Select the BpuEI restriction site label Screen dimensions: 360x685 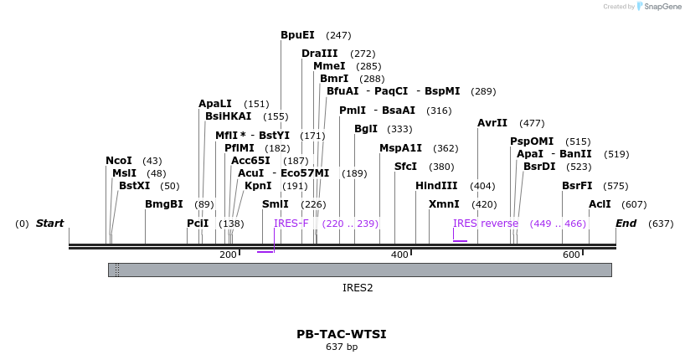point(297,35)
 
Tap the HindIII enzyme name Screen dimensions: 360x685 point(436,186)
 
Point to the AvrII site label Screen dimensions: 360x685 point(492,123)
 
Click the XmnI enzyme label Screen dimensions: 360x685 point(444,204)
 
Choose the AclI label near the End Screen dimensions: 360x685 point(600,204)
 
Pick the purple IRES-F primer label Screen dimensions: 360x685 point(291,224)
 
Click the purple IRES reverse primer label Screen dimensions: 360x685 point(486,224)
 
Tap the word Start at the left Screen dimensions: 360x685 point(50,224)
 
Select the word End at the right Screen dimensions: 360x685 point(626,224)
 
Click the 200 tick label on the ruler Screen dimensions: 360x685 point(228,255)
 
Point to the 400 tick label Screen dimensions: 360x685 point(399,255)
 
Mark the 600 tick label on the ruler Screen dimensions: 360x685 point(571,255)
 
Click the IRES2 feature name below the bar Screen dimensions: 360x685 point(358,287)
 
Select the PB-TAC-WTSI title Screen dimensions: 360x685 point(342,334)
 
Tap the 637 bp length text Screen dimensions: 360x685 point(342,347)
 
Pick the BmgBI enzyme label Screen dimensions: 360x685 point(164,204)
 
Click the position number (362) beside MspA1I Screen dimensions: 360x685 point(446,148)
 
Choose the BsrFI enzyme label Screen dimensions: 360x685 point(577,186)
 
